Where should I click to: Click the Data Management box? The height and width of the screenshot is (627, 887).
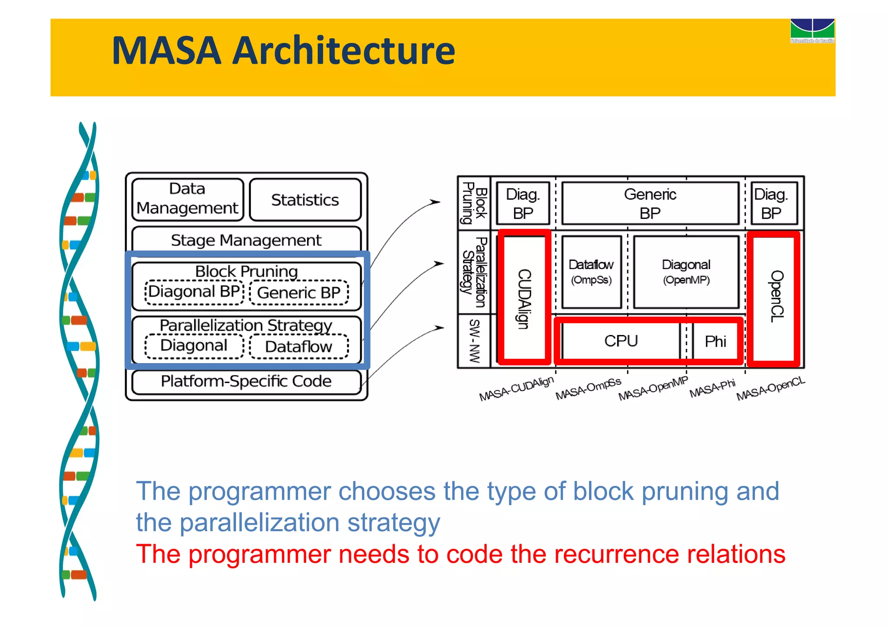click(188, 199)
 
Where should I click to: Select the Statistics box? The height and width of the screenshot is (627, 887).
click(305, 200)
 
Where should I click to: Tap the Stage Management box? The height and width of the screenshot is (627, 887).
click(246, 240)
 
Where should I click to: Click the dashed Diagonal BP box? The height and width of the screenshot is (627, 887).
click(194, 292)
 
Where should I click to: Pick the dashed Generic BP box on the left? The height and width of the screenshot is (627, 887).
click(299, 293)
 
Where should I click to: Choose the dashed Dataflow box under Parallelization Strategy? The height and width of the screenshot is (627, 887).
click(299, 347)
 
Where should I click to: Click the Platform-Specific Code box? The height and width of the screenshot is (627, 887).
click(246, 381)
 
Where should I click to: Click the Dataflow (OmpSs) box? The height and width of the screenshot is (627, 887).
click(591, 272)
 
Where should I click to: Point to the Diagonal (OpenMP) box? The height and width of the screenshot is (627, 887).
click(686, 272)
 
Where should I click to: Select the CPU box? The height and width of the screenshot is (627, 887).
click(621, 341)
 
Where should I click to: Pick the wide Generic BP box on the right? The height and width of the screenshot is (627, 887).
click(650, 203)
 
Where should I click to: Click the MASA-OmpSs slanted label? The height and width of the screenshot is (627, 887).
click(588, 389)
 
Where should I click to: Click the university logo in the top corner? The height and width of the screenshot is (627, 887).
click(812, 31)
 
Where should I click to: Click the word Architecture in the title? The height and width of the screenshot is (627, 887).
click(343, 51)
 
